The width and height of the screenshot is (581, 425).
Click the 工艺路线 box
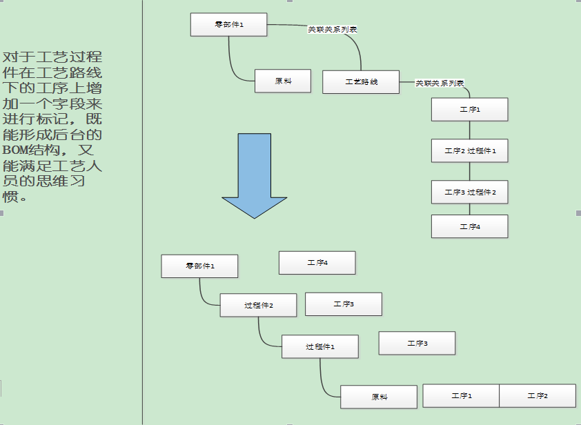point(361,82)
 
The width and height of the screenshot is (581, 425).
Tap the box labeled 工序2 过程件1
point(469,150)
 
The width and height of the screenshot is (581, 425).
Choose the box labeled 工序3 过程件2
point(469,192)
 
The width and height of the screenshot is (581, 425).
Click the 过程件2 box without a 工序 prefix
point(258,305)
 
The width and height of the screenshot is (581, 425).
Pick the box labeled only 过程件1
point(319,346)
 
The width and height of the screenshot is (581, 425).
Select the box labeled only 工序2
point(537,395)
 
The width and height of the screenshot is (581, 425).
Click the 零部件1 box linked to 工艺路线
point(229,25)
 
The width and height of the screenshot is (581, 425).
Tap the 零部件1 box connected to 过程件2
point(199,266)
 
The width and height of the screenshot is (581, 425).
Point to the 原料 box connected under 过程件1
point(379,397)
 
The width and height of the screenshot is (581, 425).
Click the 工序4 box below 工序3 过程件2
point(469,226)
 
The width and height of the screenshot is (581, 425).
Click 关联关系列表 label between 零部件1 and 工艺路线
point(332,29)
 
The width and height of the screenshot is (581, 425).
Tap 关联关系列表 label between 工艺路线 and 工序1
point(440,83)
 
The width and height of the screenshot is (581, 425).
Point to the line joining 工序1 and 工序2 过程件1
point(470,130)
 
